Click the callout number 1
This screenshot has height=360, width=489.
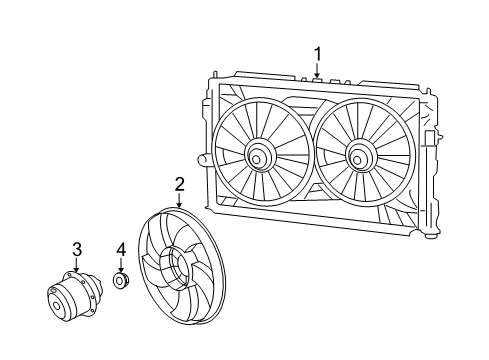coord(318,53)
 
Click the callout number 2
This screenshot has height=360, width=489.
coord(180,183)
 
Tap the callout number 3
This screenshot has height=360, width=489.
coord(75,249)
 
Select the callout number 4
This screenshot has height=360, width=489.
coord(120,249)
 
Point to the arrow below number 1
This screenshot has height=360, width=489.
coord(318,69)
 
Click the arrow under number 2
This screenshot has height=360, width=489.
coord(180,200)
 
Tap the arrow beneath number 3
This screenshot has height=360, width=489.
coord(75,266)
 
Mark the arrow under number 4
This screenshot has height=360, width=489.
coord(120,267)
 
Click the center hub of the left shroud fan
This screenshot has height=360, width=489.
coord(258,155)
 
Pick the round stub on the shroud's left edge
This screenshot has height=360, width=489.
coord(204,159)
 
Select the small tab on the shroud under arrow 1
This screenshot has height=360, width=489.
coord(318,76)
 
